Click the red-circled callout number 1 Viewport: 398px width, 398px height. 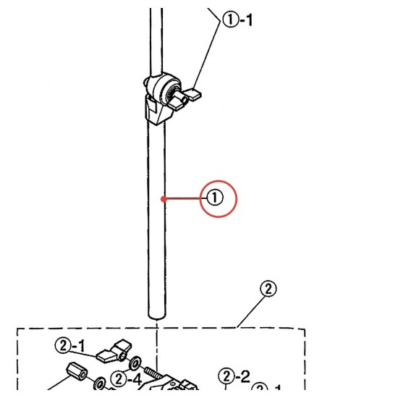coord(215,198)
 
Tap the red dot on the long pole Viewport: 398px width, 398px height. coord(164,199)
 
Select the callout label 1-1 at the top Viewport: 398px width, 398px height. coord(237,20)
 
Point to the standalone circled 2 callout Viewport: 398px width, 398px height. coord(268,289)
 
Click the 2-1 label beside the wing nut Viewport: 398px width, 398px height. coord(70,346)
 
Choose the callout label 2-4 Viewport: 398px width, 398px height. coord(126,379)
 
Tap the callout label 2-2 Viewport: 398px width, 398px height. coord(234,376)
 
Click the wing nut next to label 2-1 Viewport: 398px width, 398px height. coord(114,351)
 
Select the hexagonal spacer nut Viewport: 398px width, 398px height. coord(77,371)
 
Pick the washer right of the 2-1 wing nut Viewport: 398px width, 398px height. coord(135,363)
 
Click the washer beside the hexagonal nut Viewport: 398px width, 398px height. coord(100,383)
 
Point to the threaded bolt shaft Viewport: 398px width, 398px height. coord(153,373)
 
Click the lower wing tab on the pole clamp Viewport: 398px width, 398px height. coord(178,105)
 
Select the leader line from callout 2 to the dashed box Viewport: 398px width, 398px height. coord(250,311)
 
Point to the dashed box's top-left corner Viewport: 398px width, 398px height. coord(17,329)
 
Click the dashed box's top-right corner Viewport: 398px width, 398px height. coord(305,329)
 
